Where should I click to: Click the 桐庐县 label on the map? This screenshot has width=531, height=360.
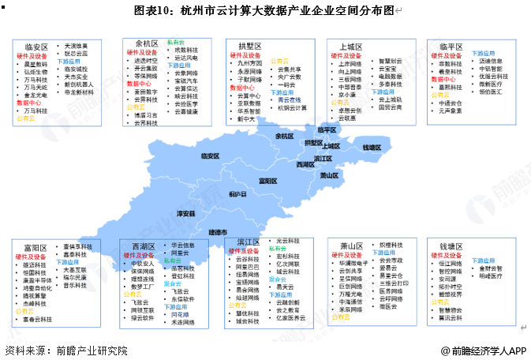point(237,193)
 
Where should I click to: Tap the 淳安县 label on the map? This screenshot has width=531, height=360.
point(186,213)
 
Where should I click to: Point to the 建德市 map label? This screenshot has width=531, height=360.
point(218,232)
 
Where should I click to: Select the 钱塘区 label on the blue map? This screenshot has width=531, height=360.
point(372,147)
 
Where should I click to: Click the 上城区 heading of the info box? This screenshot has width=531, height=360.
point(351,47)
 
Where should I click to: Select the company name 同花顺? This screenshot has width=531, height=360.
point(181,314)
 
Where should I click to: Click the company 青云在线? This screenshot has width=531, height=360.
point(292,99)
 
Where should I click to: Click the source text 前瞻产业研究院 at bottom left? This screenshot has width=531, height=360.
point(88,350)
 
